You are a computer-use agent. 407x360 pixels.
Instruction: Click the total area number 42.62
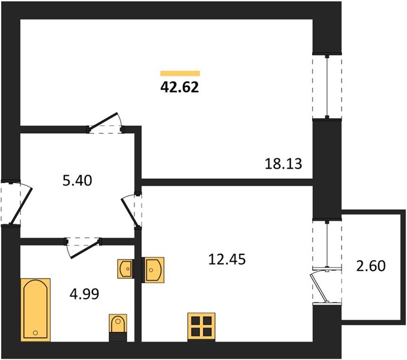[179, 87]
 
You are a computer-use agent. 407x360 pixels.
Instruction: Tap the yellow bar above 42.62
[180, 73]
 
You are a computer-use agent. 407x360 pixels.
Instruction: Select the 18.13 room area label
[283, 164]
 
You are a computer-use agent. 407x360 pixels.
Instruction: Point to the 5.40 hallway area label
[77, 181]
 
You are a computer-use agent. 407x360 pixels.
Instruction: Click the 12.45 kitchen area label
[227, 259]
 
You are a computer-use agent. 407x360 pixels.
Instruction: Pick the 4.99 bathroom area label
[85, 294]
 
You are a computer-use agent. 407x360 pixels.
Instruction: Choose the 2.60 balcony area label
[370, 266]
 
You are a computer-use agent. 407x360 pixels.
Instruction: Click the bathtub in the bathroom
[35, 310]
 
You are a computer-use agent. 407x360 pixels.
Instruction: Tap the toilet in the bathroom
[118, 328]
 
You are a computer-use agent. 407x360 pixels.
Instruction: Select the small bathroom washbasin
[126, 269]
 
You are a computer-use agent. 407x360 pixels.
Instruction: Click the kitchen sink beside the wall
[154, 270]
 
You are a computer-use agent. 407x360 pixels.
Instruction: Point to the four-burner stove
[202, 327]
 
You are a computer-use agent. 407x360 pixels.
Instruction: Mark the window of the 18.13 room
[327, 86]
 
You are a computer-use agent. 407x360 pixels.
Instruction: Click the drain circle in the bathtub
[35, 333]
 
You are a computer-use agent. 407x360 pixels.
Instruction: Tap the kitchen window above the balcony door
[327, 244]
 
